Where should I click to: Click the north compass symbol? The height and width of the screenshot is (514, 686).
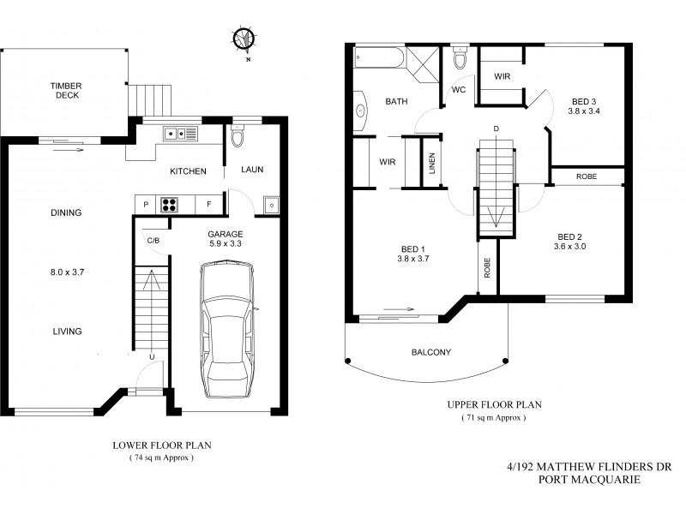pos(244,39)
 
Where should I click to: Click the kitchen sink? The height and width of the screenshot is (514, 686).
pos(182,133)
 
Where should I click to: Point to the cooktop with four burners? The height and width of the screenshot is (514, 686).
pos(171,205)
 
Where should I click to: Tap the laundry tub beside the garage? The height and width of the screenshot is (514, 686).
pos(271,205)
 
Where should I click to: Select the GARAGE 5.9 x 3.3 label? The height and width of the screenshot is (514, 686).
pos(226,239)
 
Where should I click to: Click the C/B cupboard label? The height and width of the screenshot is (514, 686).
pos(153,241)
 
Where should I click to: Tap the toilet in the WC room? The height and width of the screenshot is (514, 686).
pos(459,61)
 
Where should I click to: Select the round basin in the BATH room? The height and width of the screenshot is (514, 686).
pos(361,111)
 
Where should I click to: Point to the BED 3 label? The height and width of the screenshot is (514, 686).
pos(586,105)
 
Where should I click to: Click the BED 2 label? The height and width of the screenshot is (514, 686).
pos(571,242)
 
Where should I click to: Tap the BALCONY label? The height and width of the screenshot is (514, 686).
pos(430,352)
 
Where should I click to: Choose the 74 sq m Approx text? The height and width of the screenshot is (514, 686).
pos(162,458)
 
